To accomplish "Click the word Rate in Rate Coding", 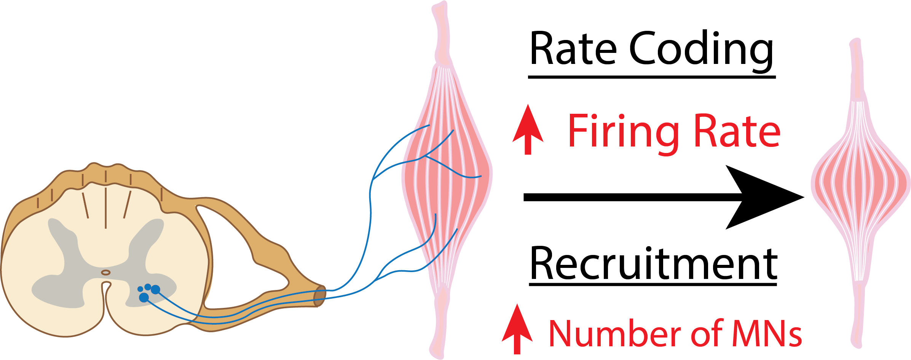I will click(x=573, y=49).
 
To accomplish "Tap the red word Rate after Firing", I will click(x=737, y=131).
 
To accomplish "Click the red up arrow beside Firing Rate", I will click(x=528, y=129).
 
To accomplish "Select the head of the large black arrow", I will click(x=765, y=197).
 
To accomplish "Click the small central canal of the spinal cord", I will click(x=106, y=272).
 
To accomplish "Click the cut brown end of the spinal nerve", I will click(x=320, y=296).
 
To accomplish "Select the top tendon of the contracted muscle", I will click(x=856, y=68).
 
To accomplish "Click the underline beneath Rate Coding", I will click(x=652, y=77).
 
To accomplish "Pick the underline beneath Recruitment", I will click(x=653, y=284).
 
